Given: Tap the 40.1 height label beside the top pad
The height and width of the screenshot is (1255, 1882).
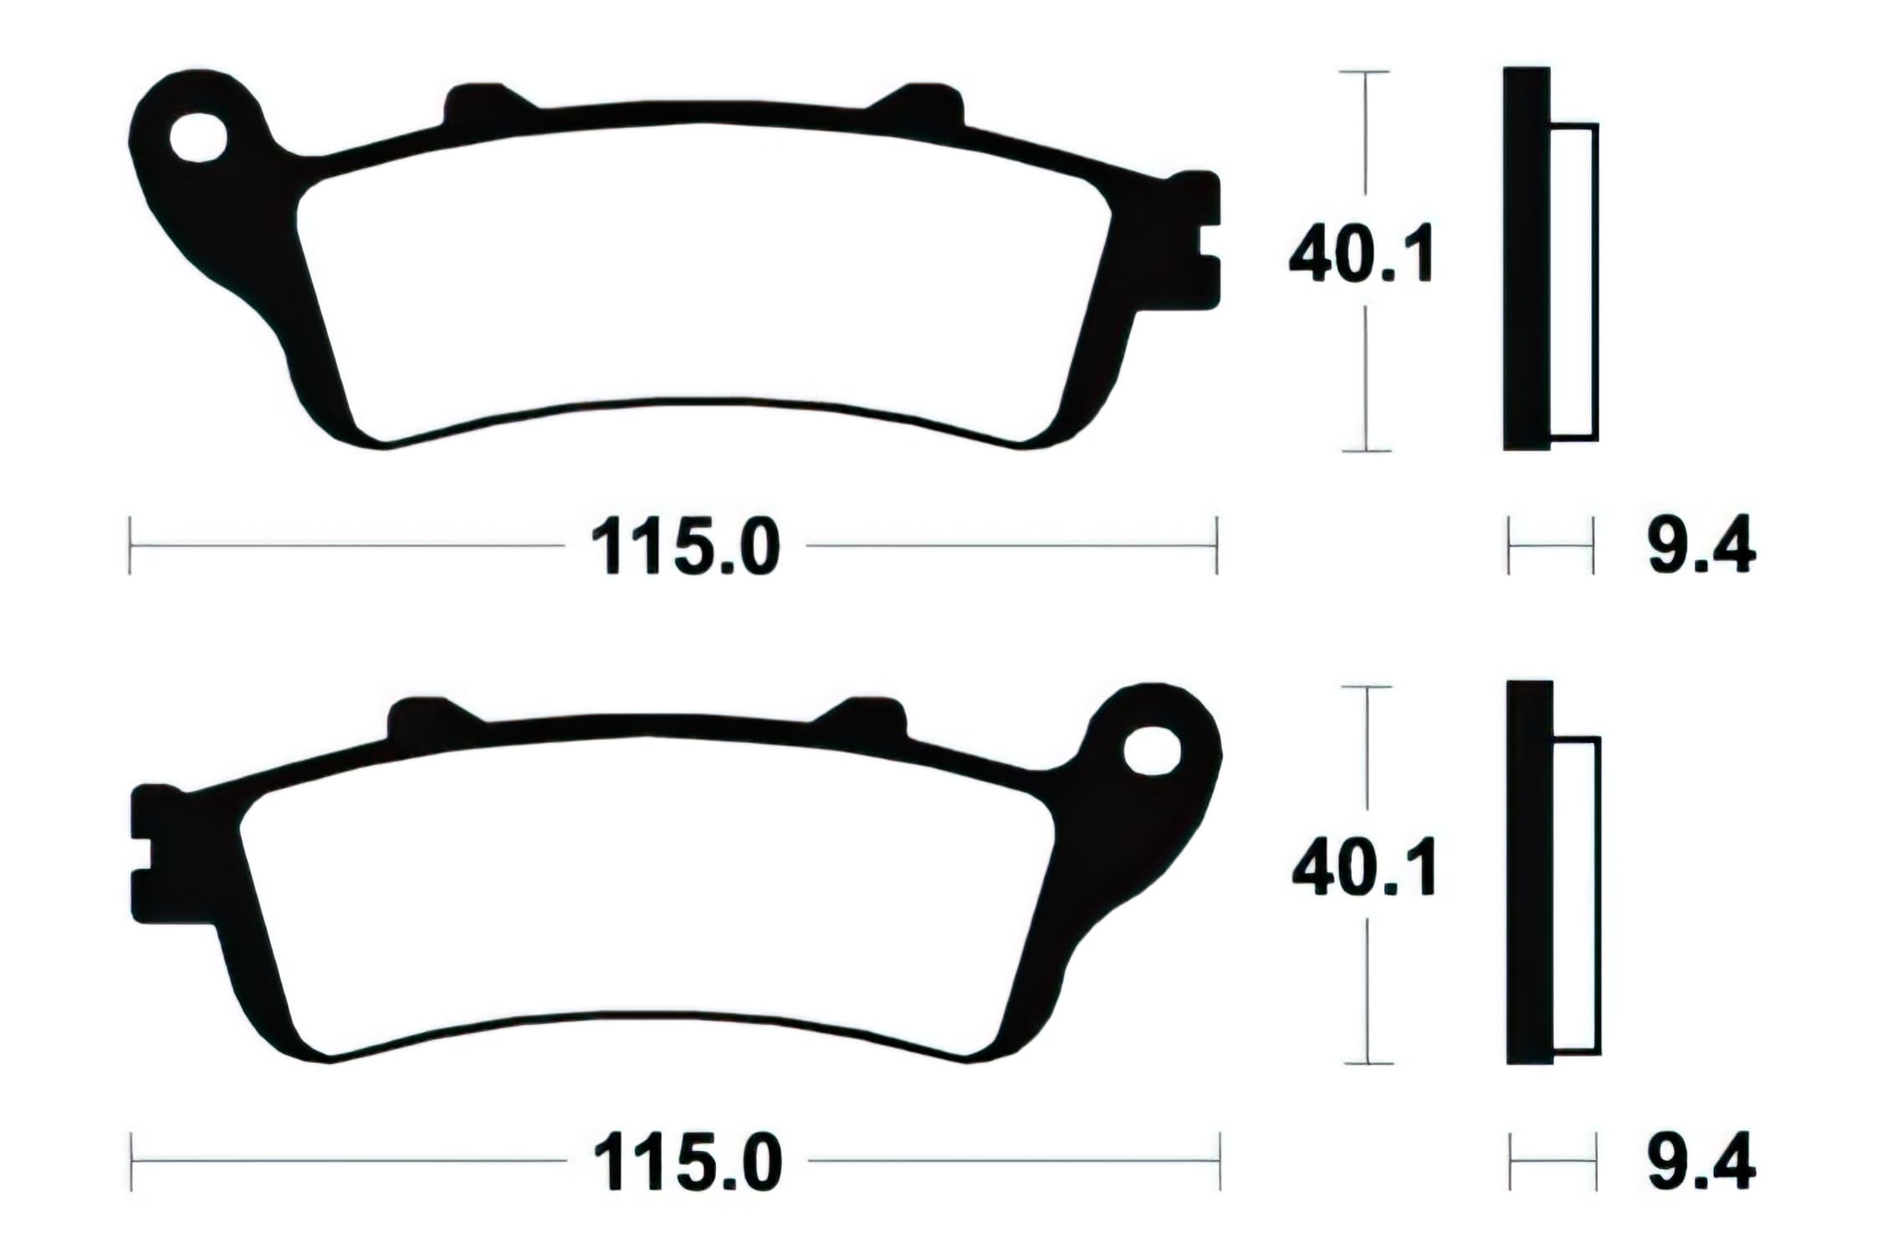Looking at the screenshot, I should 1362,254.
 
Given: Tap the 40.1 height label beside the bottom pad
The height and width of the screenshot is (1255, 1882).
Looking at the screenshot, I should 1364,868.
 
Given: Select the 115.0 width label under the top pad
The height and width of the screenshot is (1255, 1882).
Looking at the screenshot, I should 685,548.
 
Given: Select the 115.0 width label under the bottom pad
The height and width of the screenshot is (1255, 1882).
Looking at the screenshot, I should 688,1163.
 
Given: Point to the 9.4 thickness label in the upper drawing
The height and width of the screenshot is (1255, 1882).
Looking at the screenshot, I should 1701,548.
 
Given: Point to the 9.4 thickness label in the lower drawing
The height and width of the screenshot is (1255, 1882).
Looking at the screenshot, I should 1701,1163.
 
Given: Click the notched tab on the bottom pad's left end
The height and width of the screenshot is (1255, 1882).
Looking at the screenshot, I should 149,853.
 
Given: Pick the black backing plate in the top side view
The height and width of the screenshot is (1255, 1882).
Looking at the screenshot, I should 1526,259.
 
